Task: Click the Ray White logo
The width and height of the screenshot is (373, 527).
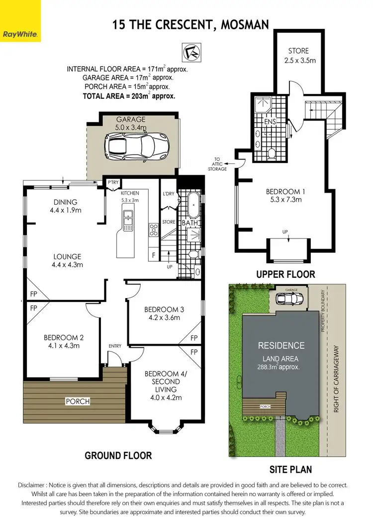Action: [20, 21]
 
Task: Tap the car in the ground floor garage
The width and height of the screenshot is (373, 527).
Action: [137, 146]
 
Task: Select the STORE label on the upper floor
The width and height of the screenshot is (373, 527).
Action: [298, 51]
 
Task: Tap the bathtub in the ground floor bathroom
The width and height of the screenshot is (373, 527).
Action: [193, 208]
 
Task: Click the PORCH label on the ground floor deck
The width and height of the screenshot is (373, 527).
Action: [77, 401]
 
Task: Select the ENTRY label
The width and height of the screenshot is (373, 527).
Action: [115, 346]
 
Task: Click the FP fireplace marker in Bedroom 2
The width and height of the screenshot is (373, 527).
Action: [34, 308]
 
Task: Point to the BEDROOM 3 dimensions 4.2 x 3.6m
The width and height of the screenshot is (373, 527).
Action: [165, 318]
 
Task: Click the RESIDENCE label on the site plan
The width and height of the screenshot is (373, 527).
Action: [280, 346]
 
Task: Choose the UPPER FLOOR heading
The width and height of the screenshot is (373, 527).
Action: [285, 274]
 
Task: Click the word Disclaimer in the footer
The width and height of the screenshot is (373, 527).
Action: [35, 485]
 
